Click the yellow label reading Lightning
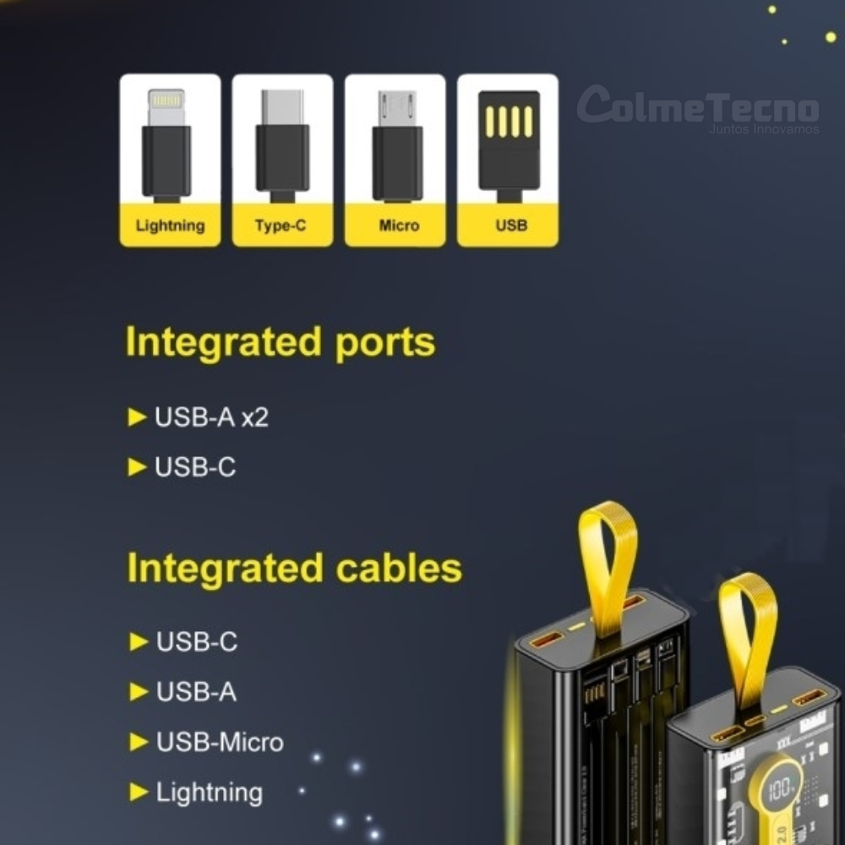click(170, 226)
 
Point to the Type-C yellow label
click(282, 226)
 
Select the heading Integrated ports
click(281, 342)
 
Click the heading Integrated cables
click(294, 568)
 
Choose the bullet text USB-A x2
click(211, 417)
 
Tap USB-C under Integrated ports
click(195, 467)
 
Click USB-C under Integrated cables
click(197, 642)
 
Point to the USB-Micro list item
click(220, 743)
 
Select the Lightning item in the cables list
click(209, 793)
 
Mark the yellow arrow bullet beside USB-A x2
click(137, 417)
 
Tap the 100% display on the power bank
click(782, 788)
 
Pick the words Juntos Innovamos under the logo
click(764, 130)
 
